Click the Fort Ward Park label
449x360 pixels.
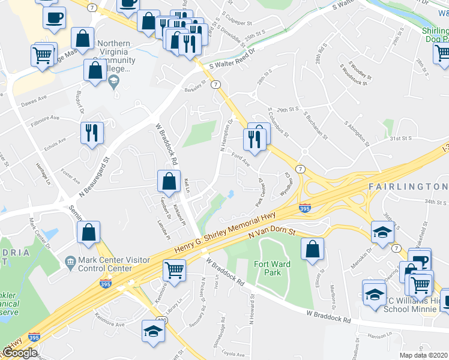[272, 268]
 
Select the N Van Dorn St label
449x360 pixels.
[273, 233]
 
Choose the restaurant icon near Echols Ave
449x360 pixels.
[92, 133]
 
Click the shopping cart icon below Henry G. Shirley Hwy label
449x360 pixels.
[174, 269]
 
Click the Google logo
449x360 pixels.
[20, 353]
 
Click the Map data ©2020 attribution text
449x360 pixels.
[424, 355]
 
